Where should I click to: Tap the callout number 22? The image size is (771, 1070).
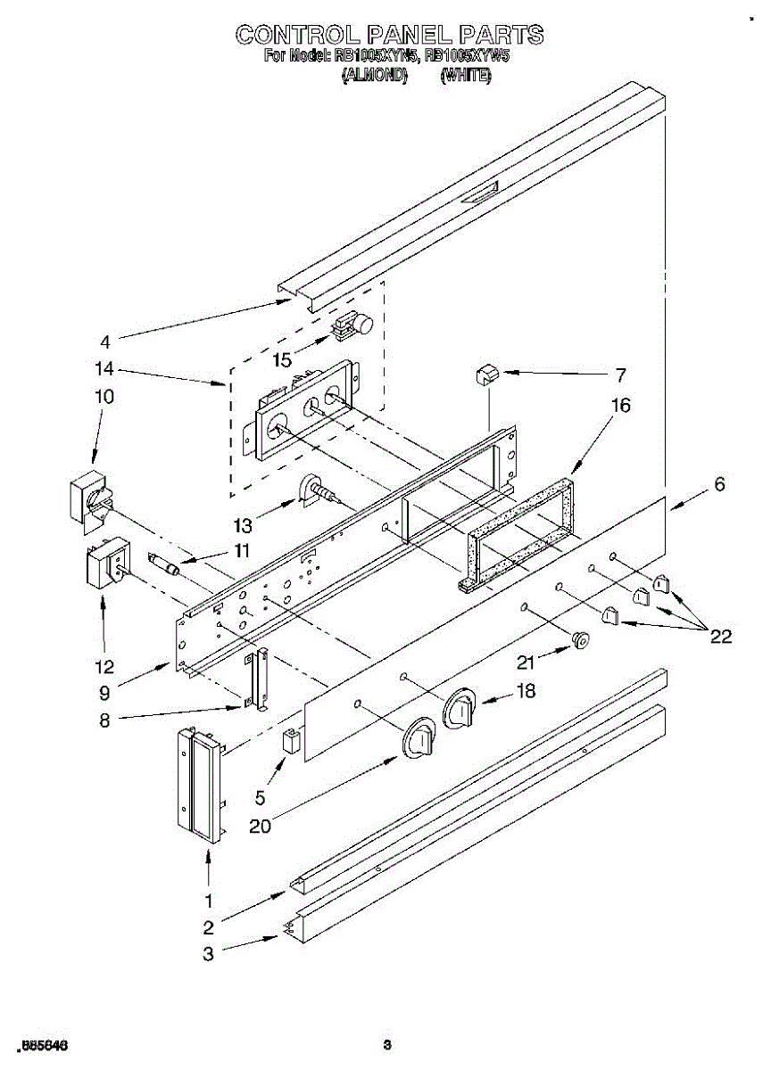pos(721,636)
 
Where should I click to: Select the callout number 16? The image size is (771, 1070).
pos(621,406)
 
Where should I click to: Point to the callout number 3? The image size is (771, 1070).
pos(208,953)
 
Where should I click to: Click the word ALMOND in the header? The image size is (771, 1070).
pos(375,77)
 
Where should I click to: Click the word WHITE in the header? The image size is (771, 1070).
pos(466,77)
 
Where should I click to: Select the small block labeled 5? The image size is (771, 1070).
pos(290,742)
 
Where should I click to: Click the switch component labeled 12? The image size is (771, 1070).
pos(105,565)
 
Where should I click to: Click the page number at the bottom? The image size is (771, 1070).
pos(386,1045)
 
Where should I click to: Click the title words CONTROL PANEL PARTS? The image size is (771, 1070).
pos(389,36)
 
